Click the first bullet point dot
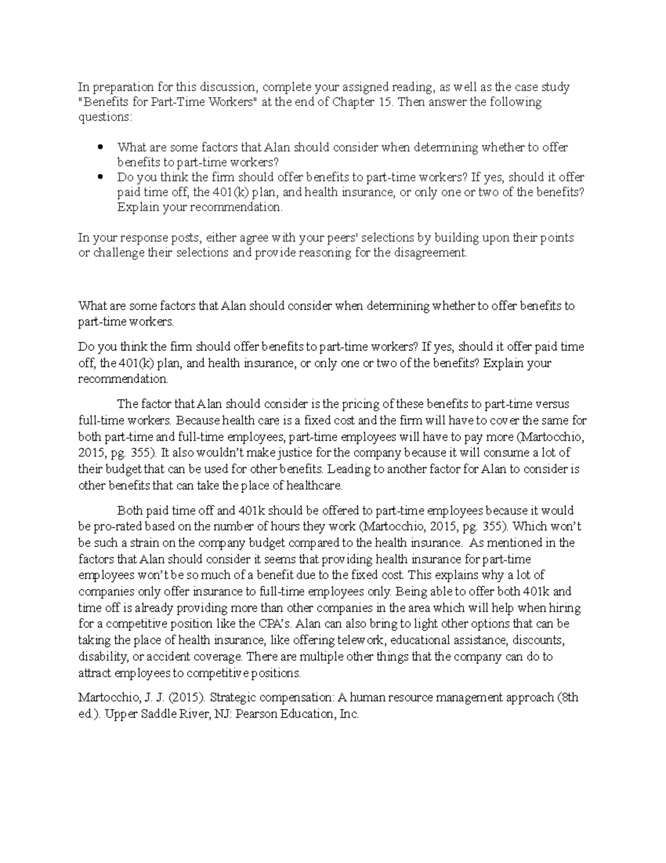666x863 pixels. pyautogui.click(x=100, y=147)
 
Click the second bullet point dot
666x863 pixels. pyautogui.click(x=100, y=177)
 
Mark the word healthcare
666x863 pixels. pyautogui.click(x=315, y=486)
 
